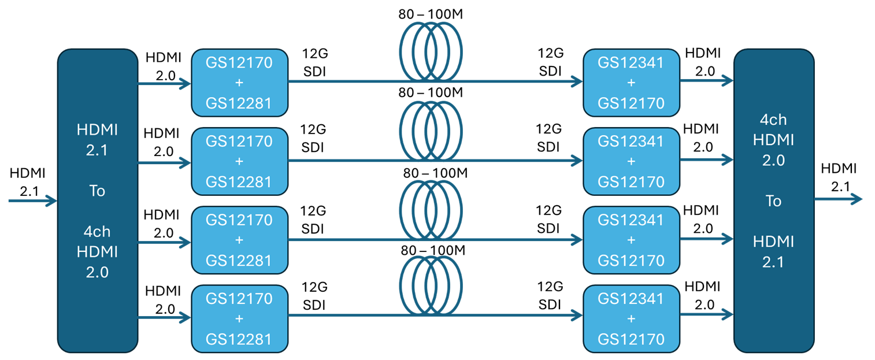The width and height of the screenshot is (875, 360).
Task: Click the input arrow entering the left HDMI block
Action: [x=32, y=201]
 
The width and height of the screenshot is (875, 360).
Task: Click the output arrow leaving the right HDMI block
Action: [x=838, y=199]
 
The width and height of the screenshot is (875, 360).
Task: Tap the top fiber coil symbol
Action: [x=431, y=51]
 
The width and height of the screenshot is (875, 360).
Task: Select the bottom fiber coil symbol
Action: [x=431, y=286]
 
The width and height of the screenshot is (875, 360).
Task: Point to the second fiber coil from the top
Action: [x=431, y=130]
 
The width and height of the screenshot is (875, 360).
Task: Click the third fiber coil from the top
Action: [x=431, y=209]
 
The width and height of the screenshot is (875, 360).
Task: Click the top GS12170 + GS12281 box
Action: [x=239, y=83]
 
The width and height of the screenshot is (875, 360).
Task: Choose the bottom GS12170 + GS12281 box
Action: [x=239, y=318]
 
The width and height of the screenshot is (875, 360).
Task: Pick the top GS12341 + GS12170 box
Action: [x=631, y=83]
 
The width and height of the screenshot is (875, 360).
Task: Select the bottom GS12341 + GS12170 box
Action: [x=631, y=318]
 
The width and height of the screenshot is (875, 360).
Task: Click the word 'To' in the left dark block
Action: [x=97, y=191]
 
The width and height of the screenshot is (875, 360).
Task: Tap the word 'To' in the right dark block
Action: [x=773, y=201]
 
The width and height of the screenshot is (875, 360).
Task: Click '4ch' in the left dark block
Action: [x=97, y=232]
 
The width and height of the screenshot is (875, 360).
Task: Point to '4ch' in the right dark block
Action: [x=773, y=120]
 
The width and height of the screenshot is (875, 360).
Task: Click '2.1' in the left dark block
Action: [x=97, y=150]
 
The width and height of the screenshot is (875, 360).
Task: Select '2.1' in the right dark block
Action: [x=773, y=262]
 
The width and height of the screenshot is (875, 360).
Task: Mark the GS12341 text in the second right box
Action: [x=631, y=140]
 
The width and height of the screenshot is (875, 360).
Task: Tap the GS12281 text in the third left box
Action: [x=239, y=260]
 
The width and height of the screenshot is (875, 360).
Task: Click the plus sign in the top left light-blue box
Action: [x=239, y=83]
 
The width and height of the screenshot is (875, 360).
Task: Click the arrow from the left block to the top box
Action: [x=164, y=84]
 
